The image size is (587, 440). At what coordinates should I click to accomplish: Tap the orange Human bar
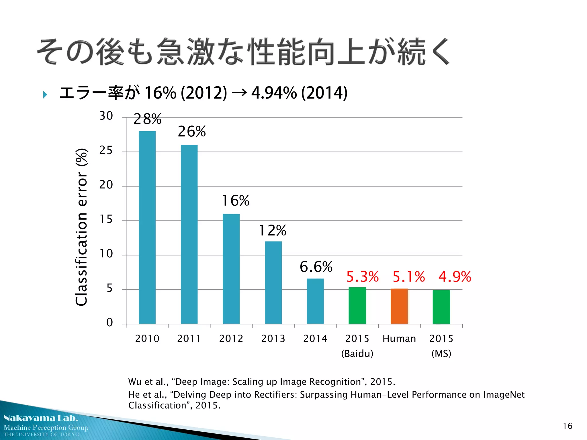click(399, 306)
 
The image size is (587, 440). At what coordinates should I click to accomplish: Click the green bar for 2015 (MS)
click(441, 307)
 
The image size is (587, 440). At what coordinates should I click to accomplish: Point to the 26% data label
click(192, 131)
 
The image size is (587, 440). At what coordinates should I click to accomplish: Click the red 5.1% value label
click(408, 277)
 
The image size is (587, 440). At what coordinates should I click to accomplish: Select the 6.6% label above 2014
click(316, 267)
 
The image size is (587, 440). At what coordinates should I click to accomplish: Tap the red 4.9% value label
click(455, 277)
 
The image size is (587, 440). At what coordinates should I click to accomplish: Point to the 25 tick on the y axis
click(106, 150)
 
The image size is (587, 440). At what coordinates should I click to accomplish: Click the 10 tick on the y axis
click(106, 254)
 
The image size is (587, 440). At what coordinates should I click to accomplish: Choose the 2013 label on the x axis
click(273, 339)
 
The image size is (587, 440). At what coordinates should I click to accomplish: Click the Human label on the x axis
click(399, 339)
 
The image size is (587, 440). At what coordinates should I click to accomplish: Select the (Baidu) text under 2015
click(357, 353)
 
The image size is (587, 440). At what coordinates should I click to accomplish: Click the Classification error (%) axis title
click(81, 227)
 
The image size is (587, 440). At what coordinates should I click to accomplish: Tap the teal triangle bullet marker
click(45, 95)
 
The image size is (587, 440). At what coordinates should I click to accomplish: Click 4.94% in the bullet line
click(274, 93)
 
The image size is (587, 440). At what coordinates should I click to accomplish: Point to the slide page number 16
click(567, 426)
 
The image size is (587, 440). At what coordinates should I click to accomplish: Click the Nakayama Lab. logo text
click(41, 418)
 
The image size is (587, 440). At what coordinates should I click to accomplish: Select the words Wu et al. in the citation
click(148, 382)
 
